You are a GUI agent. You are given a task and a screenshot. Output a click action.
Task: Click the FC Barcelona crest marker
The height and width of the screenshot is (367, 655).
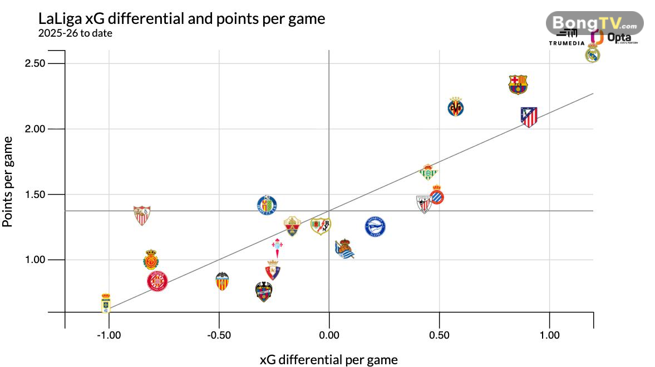(518, 85)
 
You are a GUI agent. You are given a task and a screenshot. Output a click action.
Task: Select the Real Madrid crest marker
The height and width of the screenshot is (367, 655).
(593, 53)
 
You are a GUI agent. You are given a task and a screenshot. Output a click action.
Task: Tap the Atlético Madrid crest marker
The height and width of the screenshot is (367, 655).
(529, 117)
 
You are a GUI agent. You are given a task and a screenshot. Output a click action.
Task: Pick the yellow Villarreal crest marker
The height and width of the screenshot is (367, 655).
(456, 107)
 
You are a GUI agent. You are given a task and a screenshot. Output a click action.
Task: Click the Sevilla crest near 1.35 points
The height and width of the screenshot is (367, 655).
(142, 215)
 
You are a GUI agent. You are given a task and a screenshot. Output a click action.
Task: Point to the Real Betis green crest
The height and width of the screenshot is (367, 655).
(428, 172)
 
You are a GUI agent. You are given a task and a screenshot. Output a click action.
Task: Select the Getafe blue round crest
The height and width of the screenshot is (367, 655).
(267, 206)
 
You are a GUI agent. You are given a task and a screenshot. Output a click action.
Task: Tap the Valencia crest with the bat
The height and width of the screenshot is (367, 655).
(223, 281)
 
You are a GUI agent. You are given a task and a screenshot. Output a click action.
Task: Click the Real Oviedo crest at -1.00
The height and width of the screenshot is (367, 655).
(106, 304)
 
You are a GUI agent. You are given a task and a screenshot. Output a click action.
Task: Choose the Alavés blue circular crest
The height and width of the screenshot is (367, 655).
(375, 227)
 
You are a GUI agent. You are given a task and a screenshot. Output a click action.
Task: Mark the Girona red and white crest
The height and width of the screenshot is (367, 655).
(157, 282)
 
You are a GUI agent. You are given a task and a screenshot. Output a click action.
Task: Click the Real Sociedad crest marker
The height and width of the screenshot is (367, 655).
(344, 249)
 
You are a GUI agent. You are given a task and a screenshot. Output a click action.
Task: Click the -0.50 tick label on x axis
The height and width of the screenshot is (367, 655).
(219, 335)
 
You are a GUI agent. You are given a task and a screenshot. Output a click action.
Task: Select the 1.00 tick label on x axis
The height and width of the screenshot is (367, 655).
(549, 335)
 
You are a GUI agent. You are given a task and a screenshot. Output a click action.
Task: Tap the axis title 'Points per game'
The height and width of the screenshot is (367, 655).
(8, 181)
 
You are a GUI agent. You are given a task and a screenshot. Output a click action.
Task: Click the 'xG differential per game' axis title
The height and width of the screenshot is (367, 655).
(329, 359)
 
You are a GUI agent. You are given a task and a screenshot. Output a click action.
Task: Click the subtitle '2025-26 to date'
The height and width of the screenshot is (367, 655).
(75, 33)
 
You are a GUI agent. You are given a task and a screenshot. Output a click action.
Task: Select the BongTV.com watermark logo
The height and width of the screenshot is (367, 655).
(594, 23)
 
